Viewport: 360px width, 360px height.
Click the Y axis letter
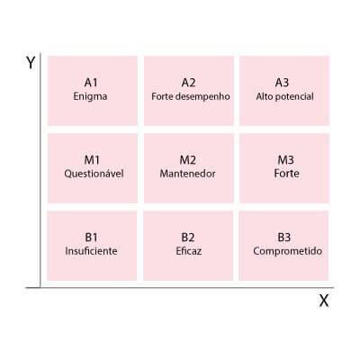pos(31,63)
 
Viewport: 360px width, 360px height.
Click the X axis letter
pos(324,301)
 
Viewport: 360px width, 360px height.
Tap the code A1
pos(91,82)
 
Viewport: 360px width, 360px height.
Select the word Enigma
pos(90,96)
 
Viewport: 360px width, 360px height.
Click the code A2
pos(188,82)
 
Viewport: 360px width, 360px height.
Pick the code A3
pos(282,82)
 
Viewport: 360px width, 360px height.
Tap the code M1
pos(92,160)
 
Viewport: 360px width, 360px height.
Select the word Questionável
pos(94,174)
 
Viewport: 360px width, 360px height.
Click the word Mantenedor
pos(187,174)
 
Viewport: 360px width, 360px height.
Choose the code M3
pos(285,160)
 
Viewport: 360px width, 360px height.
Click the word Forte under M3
pos(286,174)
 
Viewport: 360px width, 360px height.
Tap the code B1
pos(91,238)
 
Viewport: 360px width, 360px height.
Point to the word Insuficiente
pos(91,251)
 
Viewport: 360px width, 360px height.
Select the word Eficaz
pos(189,251)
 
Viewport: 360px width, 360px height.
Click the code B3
pos(284,238)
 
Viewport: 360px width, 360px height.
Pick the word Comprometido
pos(287,251)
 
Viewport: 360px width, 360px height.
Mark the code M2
pos(188,160)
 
